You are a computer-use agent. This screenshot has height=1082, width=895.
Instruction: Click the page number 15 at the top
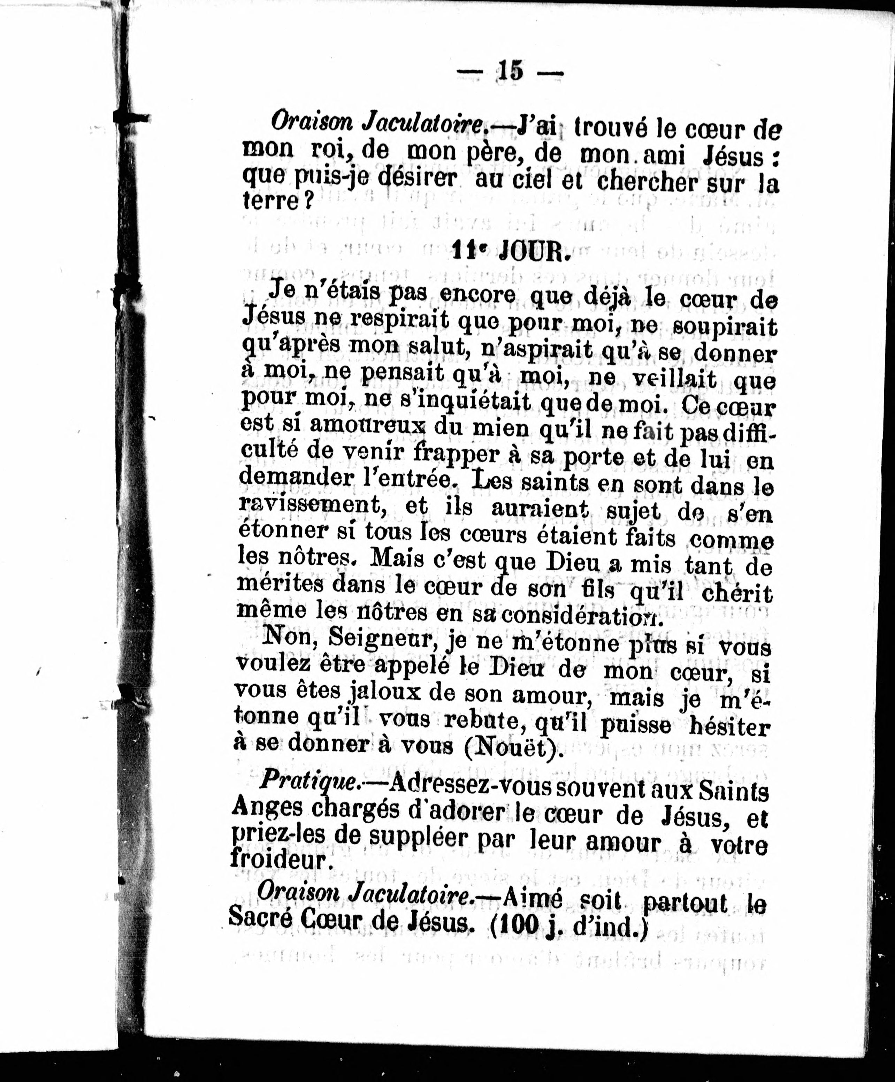pos(510,71)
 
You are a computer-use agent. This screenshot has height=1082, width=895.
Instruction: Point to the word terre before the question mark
pos(269,200)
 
